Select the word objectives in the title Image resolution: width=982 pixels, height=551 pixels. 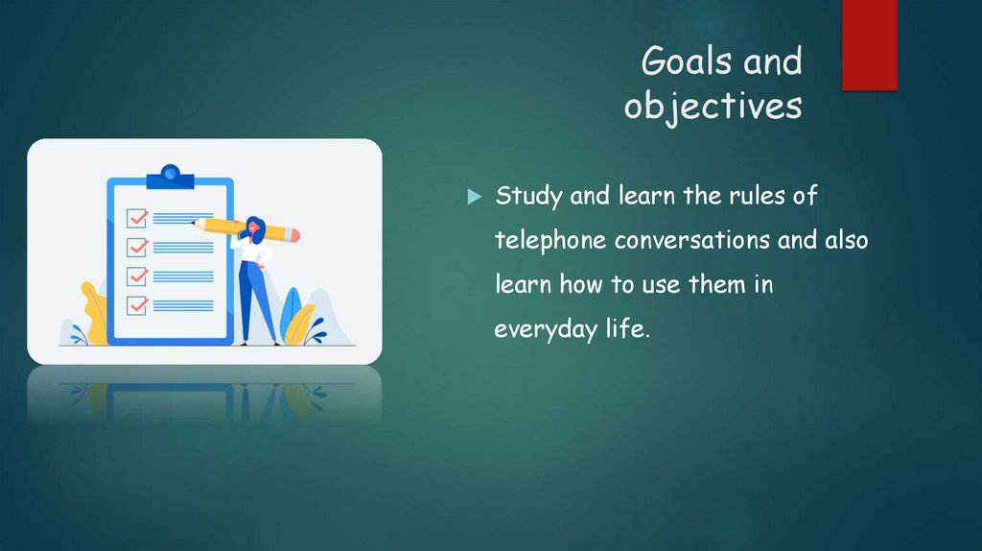pyautogui.click(x=713, y=106)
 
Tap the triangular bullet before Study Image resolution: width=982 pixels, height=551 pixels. pyautogui.click(x=473, y=197)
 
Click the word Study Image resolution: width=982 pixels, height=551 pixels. pyautogui.click(x=529, y=197)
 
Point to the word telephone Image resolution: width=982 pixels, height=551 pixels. pyautogui.click(x=550, y=240)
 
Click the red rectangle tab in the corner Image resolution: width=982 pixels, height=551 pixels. pyautogui.click(x=869, y=44)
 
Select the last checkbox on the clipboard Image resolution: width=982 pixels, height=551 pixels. pyautogui.click(x=137, y=305)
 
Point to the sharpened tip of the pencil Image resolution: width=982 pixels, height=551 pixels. pyautogui.click(x=195, y=223)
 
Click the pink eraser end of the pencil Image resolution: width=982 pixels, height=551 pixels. pyautogui.click(x=293, y=234)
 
